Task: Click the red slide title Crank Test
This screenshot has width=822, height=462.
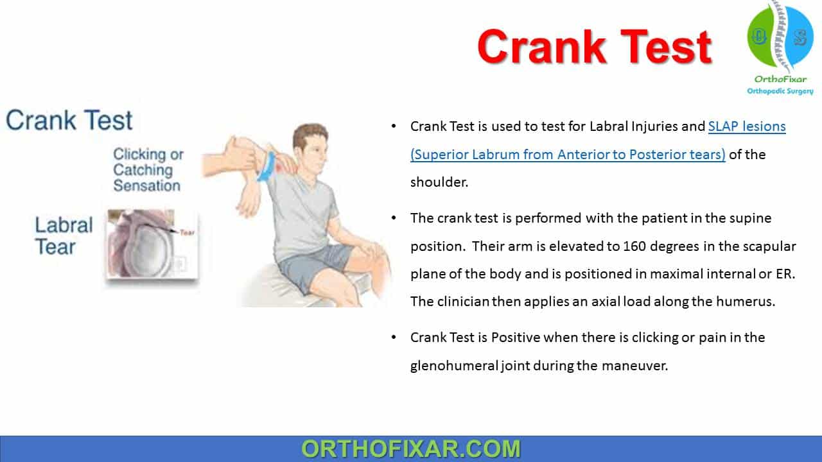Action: (595, 47)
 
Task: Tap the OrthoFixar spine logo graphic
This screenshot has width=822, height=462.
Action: (780, 37)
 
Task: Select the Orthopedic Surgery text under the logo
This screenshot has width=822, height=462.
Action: (780, 91)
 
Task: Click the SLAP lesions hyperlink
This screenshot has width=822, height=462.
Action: (747, 126)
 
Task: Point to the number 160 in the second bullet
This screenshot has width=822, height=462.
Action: (634, 246)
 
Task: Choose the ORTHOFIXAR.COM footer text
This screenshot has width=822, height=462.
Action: (411, 449)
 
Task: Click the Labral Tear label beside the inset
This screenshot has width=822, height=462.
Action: (64, 235)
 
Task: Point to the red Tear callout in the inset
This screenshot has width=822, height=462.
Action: (187, 232)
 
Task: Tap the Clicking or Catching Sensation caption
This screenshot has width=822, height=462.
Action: (148, 170)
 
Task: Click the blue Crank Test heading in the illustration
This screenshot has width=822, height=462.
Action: (69, 120)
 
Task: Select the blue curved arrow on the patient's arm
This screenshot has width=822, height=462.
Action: (267, 167)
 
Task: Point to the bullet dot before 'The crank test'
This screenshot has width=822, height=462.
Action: (394, 218)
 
